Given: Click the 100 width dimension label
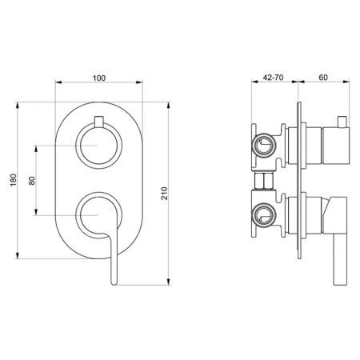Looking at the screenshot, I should click(99, 78).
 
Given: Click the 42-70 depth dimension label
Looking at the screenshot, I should click(274, 78).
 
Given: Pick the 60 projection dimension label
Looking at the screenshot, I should click(322, 78).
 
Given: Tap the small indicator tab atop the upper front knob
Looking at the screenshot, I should click(99, 121).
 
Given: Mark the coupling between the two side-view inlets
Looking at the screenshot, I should click(262, 180).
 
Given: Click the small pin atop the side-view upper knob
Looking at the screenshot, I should click(339, 121).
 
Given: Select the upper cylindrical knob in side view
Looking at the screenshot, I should click(328, 146).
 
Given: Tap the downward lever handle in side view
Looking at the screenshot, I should click(338, 240).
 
